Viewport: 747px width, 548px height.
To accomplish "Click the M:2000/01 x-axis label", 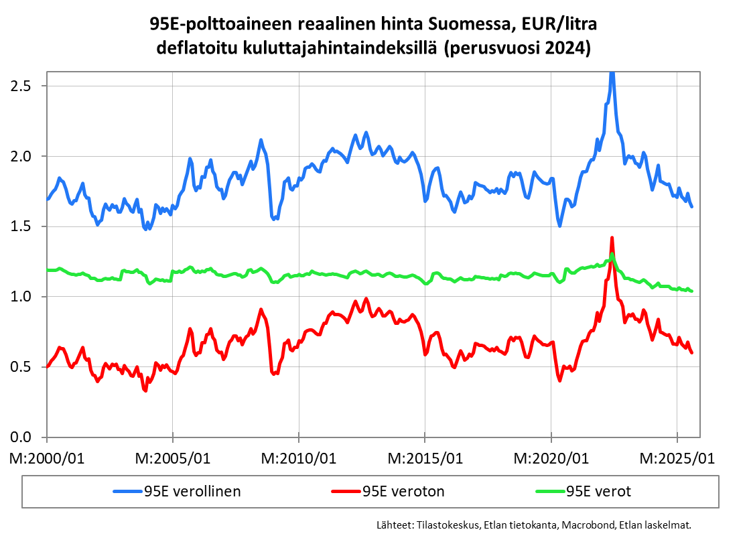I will [47, 459].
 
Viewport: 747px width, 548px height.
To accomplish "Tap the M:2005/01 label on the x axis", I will [173, 459].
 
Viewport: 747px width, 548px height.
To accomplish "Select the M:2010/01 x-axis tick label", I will [299, 459].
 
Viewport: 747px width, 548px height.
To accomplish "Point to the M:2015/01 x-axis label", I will [425, 459].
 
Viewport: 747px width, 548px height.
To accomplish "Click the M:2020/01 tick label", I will [551, 459].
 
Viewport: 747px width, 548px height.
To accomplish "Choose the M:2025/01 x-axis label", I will [677, 459].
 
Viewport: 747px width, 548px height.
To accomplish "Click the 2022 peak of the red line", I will [612, 238].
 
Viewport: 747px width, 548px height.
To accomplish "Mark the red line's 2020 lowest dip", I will [559, 381].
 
